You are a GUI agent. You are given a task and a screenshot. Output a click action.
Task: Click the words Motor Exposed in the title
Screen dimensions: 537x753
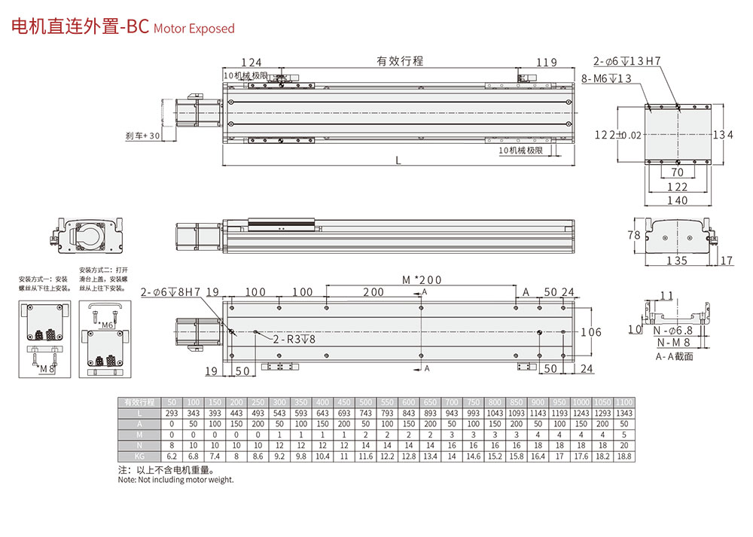tap(194, 29)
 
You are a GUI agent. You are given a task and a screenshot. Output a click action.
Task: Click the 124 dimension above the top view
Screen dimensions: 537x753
tap(251, 63)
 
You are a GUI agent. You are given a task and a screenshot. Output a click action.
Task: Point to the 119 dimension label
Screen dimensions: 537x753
tap(547, 63)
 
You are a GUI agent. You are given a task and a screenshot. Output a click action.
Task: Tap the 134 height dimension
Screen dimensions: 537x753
tap(723, 135)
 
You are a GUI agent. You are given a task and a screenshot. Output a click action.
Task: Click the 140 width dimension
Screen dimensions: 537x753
tap(678, 200)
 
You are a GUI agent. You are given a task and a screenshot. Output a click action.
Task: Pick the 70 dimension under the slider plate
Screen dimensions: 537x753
tap(678, 172)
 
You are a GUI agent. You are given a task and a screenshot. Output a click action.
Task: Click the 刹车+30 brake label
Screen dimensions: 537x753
tap(143, 136)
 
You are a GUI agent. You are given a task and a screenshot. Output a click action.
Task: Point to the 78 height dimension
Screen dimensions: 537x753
tap(635, 235)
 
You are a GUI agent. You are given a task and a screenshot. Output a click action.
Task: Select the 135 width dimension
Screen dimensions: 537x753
tap(678, 261)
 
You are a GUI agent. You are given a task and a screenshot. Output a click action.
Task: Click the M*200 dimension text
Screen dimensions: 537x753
tap(422, 280)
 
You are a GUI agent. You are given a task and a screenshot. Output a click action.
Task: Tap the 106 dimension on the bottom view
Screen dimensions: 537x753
tap(592, 332)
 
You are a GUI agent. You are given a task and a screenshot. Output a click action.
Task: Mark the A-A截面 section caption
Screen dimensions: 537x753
tap(674, 356)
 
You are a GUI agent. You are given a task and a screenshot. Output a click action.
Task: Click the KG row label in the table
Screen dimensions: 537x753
tap(139, 457)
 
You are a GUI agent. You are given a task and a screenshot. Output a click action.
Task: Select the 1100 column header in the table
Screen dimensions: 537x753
tap(624, 401)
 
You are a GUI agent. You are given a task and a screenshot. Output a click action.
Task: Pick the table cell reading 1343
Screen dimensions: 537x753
tap(624, 415)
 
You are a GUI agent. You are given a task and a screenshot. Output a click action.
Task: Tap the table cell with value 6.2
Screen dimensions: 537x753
tap(172, 457)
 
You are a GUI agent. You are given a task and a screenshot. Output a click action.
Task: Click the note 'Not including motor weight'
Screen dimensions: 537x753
tap(175, 480)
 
